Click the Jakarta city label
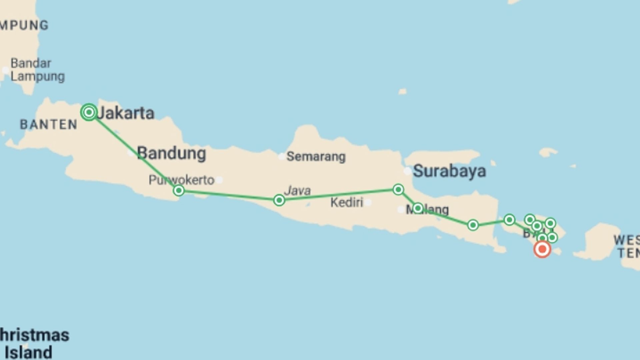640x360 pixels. click(x=125, y=113)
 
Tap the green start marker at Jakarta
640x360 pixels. click(x=89, y=112)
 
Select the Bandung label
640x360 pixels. click(x=172, y=153)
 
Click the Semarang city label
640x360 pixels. click(x=316, y=156)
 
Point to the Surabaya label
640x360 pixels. click(x=449, y=171)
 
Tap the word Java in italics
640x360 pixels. click(x=297, y=191)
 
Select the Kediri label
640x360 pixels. click(x=347, y=202)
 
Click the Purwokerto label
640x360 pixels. click(x=181, y=180)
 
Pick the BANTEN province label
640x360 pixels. click(x=49, y=125)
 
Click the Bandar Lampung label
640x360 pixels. click(x=37, y=70)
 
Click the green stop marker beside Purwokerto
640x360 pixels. click(x=179, y=191)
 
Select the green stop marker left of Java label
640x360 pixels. click(x=279, y=200)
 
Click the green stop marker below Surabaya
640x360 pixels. click(x=398, y=190)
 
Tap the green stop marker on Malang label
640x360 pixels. click(x=418, y=208)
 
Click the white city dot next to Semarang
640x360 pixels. click(x=282, y=156)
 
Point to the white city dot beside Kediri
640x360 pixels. click(x=368, y=202)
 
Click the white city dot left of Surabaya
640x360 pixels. click(x=407, y=171)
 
